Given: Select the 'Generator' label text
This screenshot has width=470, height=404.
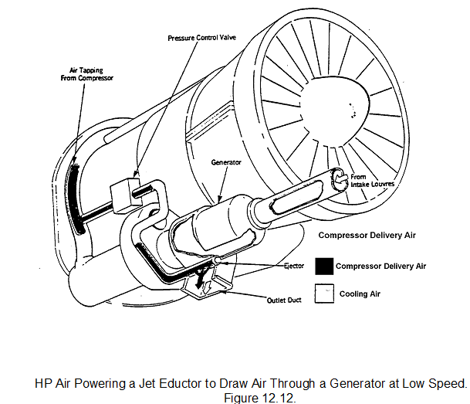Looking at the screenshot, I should point(226,163).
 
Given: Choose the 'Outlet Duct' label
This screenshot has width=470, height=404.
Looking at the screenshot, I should point(283,300).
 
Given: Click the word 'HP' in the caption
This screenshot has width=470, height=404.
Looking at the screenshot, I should point(43,383).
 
